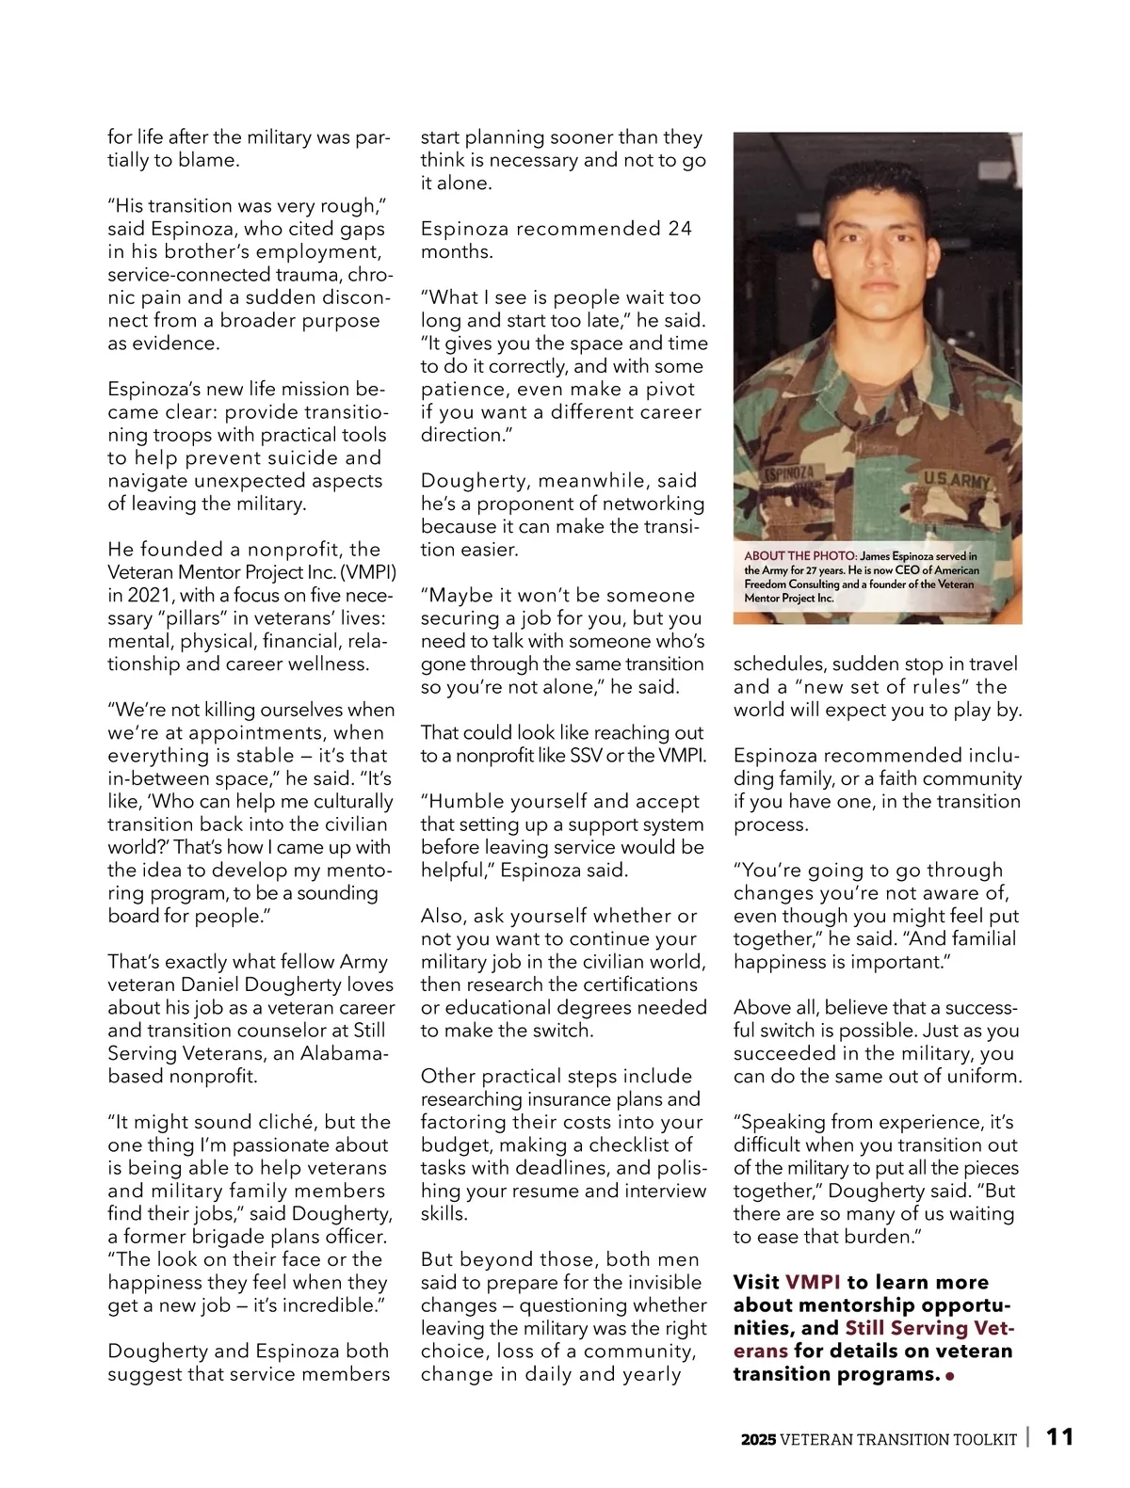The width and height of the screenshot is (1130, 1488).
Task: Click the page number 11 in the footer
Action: [1059, 1437]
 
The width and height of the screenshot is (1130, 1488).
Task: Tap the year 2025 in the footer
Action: [758, 1439]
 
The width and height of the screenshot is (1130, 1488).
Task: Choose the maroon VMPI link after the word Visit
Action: [813, 1282]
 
